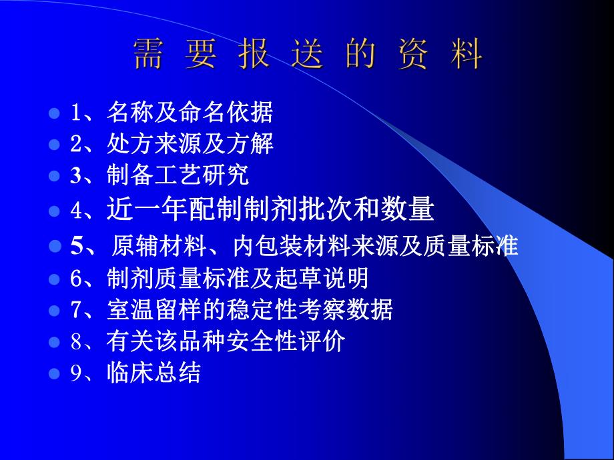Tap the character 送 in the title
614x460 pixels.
(308, 55)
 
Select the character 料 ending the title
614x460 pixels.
(467, 55)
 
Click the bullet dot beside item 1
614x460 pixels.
(55, 112)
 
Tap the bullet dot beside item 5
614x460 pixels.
(55, 246)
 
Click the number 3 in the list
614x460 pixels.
(75, 177)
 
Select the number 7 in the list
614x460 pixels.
(75, 310)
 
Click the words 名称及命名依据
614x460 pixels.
(190, 113)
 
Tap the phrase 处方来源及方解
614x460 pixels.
(190, 144)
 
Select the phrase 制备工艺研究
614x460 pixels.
(178, 176)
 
